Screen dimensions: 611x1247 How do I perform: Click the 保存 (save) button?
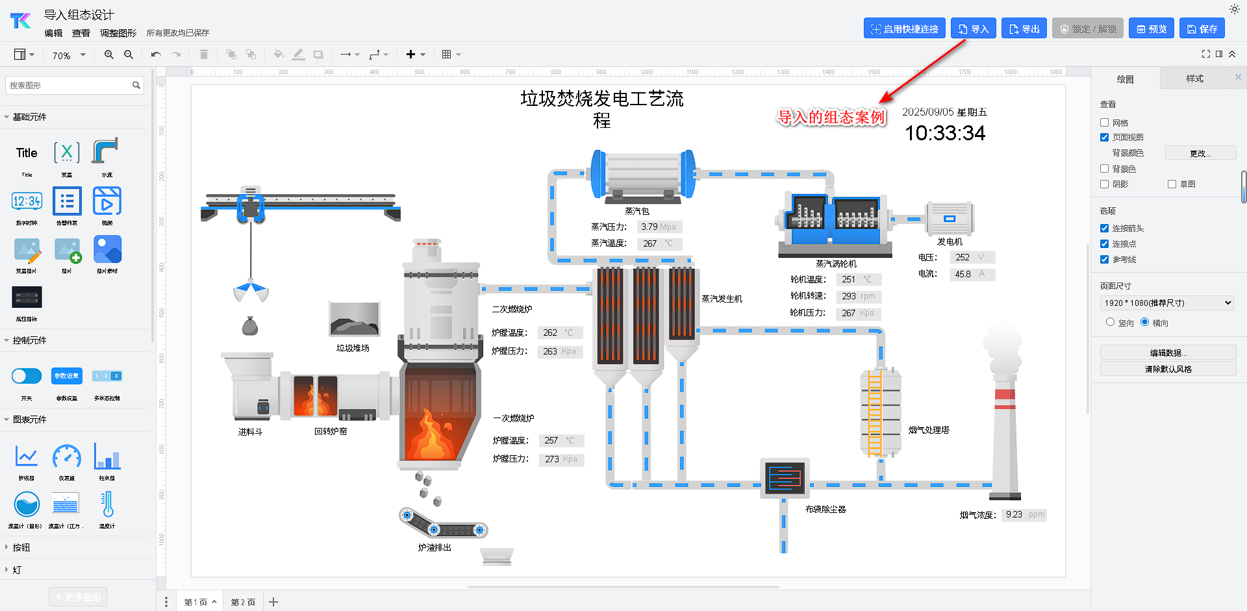(1202, 29)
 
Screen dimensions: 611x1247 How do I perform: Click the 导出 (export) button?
(1024, 29)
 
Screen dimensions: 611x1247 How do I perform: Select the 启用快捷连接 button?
(904, 29)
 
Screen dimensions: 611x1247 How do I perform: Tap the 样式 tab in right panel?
(1194, 79)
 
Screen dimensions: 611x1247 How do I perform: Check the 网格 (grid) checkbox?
(1104, 122)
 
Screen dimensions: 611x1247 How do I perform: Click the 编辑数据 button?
(1168, 353)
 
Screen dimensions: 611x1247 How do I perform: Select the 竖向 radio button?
(1110, 322)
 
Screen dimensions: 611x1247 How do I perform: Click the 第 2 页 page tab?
(243, 602)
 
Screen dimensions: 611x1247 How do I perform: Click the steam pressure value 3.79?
(649, 227)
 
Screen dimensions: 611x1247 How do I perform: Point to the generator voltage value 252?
(963, 257)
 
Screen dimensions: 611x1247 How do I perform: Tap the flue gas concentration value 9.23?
(1014, 514)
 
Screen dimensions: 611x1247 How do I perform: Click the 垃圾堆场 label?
(353, 348)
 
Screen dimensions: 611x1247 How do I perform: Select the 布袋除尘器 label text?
(825, 509)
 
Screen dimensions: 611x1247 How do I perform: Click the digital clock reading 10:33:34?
(945, 133)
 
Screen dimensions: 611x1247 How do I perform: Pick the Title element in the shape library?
(27, 153)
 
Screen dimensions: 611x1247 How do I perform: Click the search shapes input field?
(68, 85)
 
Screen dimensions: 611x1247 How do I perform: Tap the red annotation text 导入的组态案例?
(831, 117)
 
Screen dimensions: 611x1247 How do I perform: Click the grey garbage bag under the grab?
(250, 326)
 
